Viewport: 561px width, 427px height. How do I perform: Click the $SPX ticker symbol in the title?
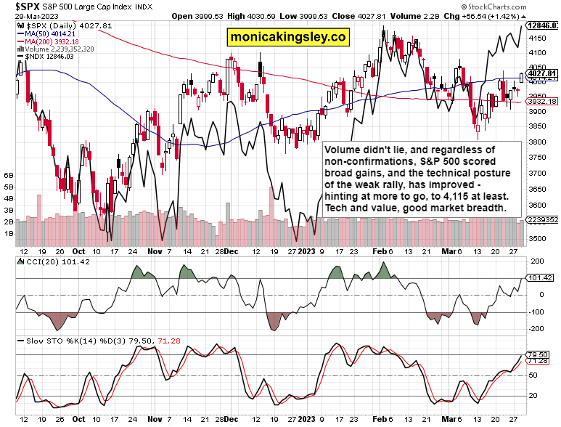(17, 5)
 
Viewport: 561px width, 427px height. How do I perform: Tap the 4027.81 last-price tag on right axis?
(542, 73)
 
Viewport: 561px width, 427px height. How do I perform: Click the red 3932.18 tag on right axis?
(542, 102)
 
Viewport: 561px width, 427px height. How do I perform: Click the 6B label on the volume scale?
(9, 176)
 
